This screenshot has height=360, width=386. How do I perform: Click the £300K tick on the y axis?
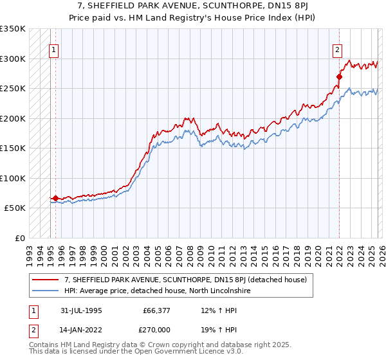pyautogui.click(x=13, y=59)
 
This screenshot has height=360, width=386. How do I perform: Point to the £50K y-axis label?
pyautogui.click(x=15, y=208)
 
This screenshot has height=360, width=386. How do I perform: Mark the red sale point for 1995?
pyautogui.click(x=56, y=199)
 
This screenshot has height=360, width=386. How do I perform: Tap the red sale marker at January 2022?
pyautogui.click(x=338, y=76)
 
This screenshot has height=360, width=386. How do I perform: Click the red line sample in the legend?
pyautogui.click(x=46, y=280)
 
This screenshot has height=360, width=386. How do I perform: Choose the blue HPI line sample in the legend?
pyautogui.click(x=46, y=291)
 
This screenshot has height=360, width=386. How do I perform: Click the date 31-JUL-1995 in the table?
pyautogui.click(x=81, y=310)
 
